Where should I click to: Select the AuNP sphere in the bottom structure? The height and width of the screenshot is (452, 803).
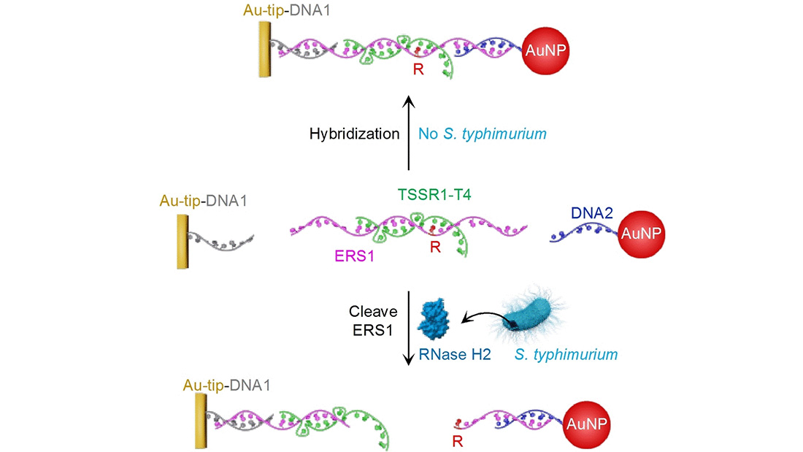pyautogui.click(x=588, y=424)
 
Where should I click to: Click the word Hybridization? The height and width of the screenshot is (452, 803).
pyautogui.click(x=355, y=134)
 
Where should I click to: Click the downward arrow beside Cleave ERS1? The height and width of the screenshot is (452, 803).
pyautogui.click(x=410, y=329)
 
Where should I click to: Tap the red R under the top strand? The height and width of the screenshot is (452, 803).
pyautogui.click(x=419, y=72)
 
